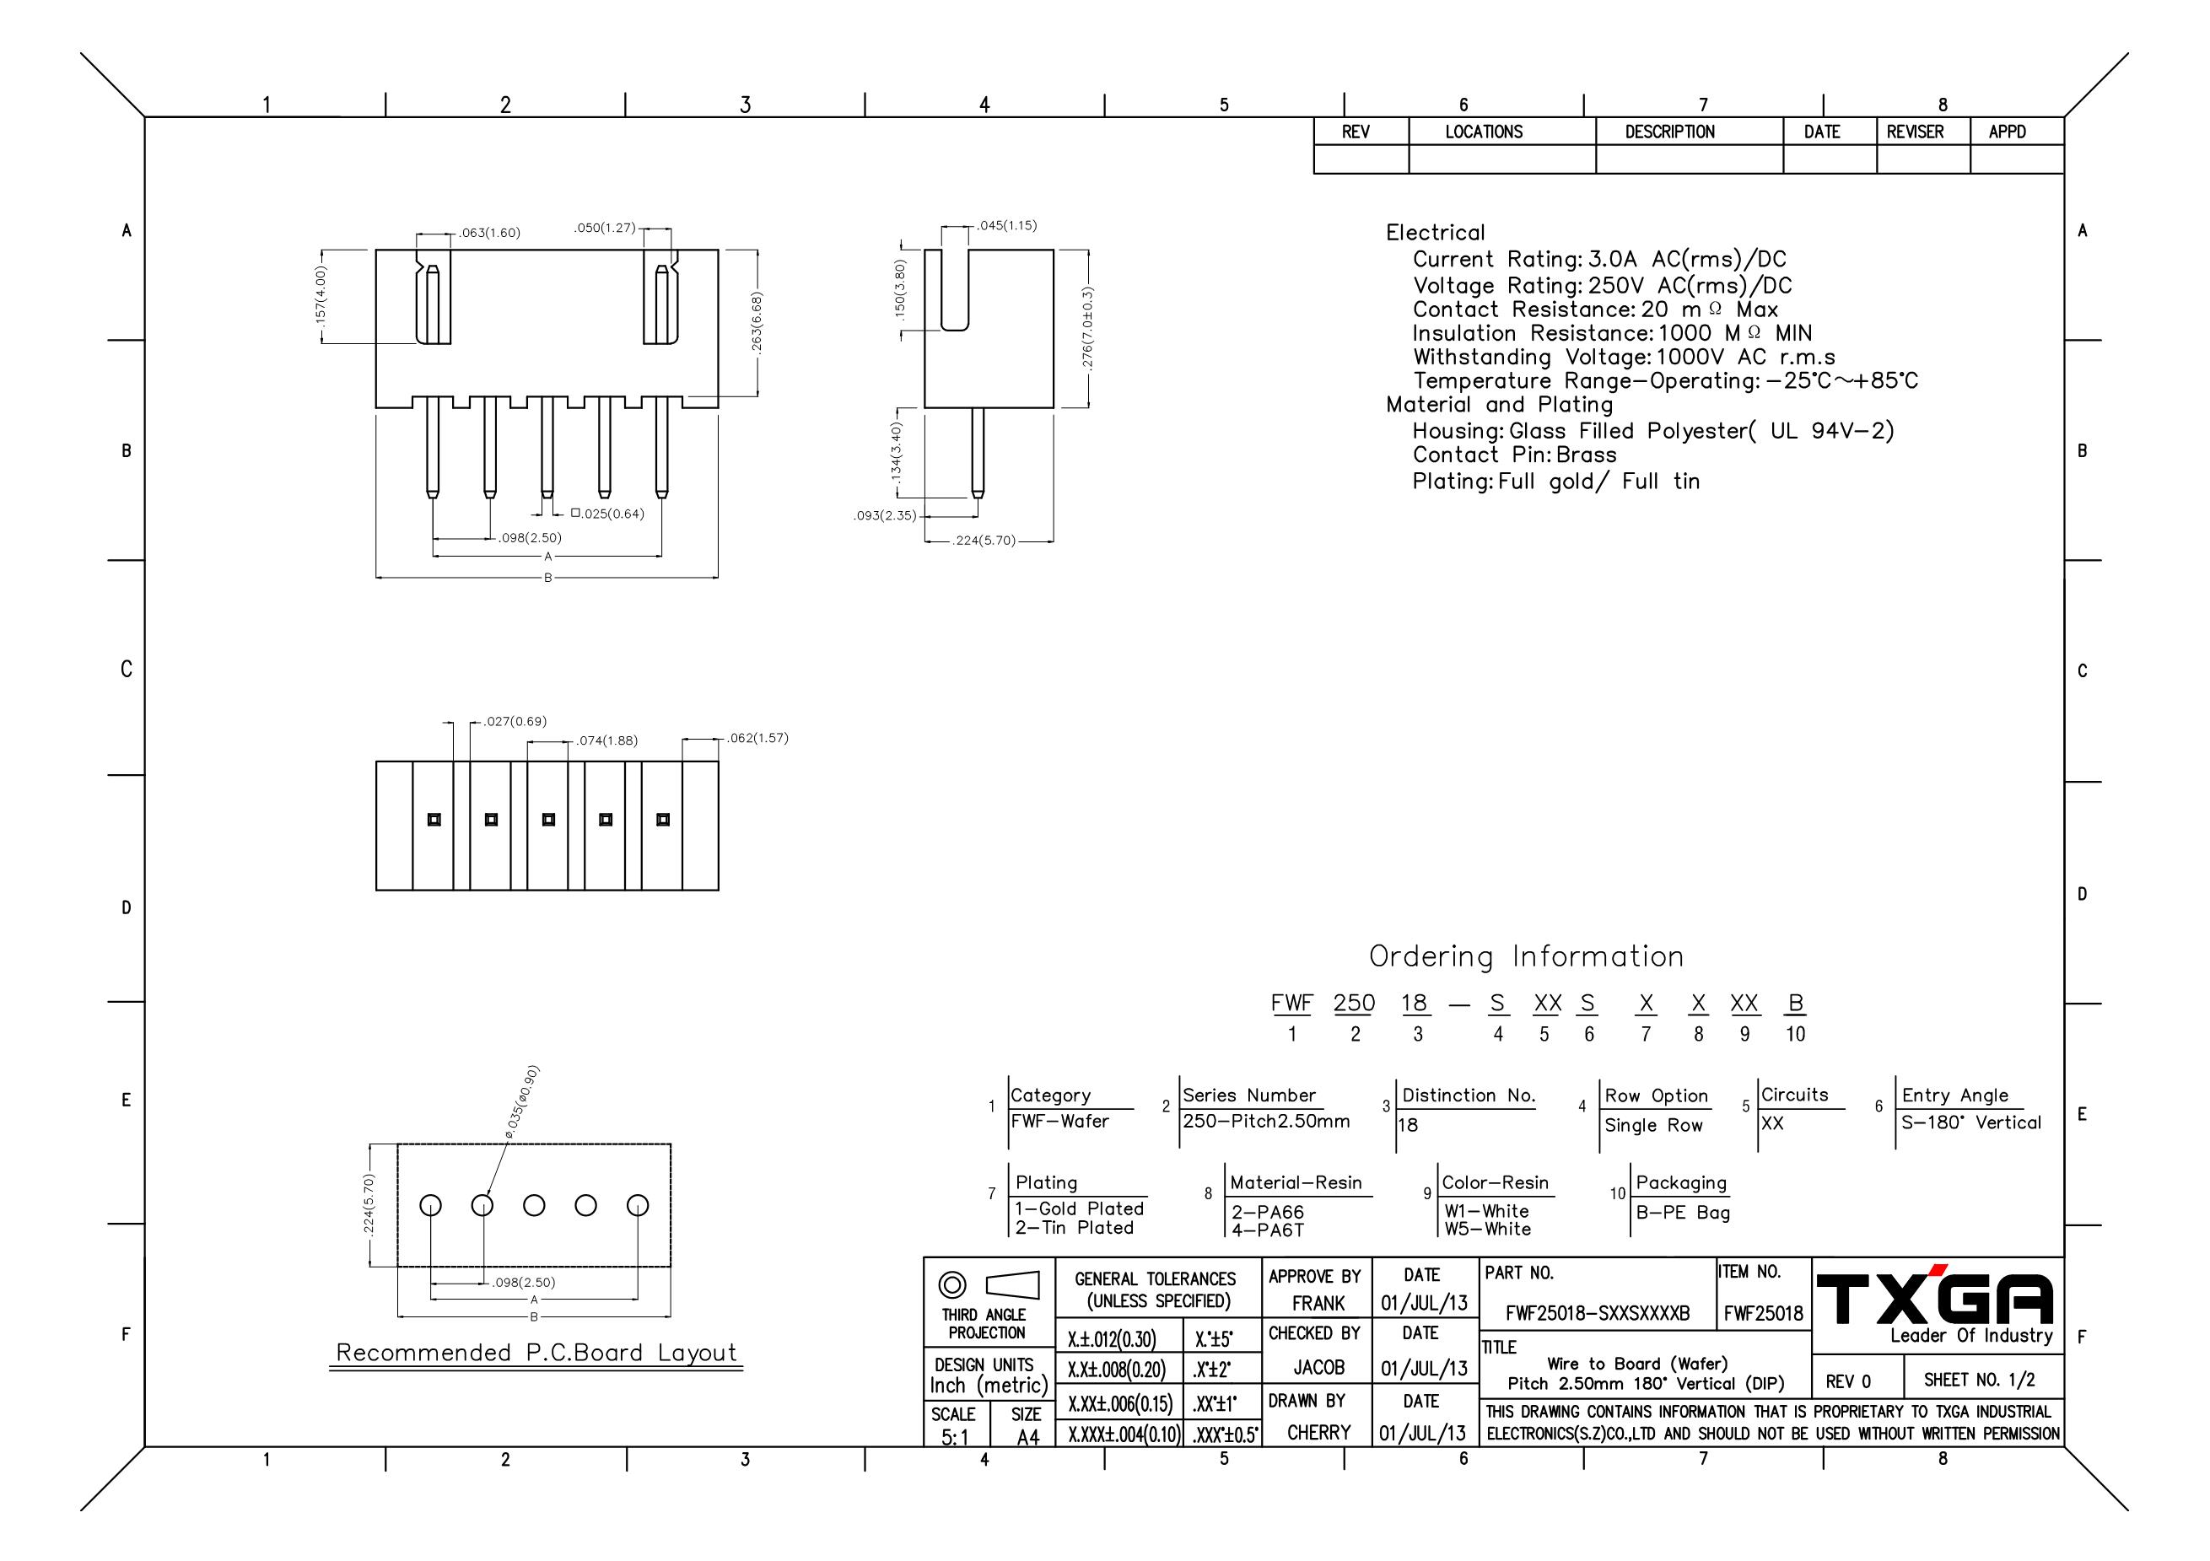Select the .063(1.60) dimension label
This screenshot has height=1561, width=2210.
pos(489,233)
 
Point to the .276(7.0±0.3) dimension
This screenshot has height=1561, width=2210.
pos(1087,328)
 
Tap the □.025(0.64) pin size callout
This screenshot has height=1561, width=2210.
pos(607,514)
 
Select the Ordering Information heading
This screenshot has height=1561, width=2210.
pos(1527,956)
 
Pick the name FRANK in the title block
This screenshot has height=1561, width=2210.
pos(1318,1303)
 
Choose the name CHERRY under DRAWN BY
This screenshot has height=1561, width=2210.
pos(1318,1432)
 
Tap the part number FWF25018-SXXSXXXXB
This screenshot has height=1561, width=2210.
pos(1598,1314)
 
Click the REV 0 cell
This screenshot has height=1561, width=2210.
pos(1848,1382)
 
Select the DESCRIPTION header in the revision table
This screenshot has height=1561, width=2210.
pos(1670,132)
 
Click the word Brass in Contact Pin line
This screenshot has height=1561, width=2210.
pos(1587,455)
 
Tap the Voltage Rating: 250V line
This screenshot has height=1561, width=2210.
pos(1602,286)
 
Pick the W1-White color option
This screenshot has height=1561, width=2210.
pos(1486,1211)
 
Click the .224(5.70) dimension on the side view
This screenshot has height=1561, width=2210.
pos(984,541)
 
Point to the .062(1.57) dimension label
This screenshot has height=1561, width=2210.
pos(757,738)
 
